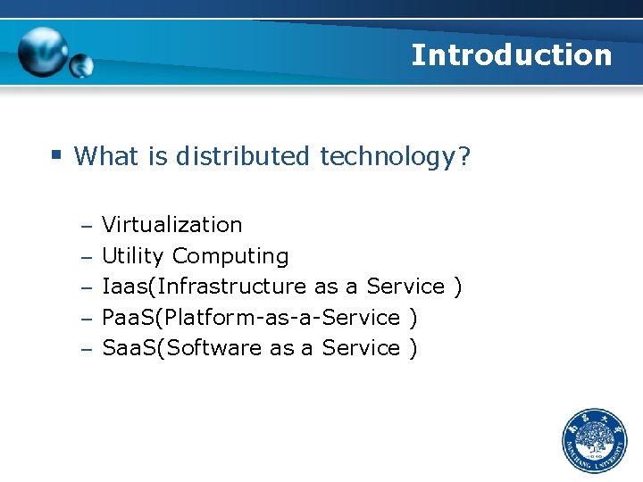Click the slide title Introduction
[x=511, y=55]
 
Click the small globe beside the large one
[x=81, y=65]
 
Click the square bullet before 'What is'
[x=55, y=154]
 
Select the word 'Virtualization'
[x=171, y=225]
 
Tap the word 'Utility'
[x=132, y=256]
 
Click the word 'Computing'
[x=230, y=256]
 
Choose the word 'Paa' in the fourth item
[x=121, y=318]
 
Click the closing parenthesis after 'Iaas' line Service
[x=457, y=287]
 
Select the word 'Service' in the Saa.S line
[x=361, y=348]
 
